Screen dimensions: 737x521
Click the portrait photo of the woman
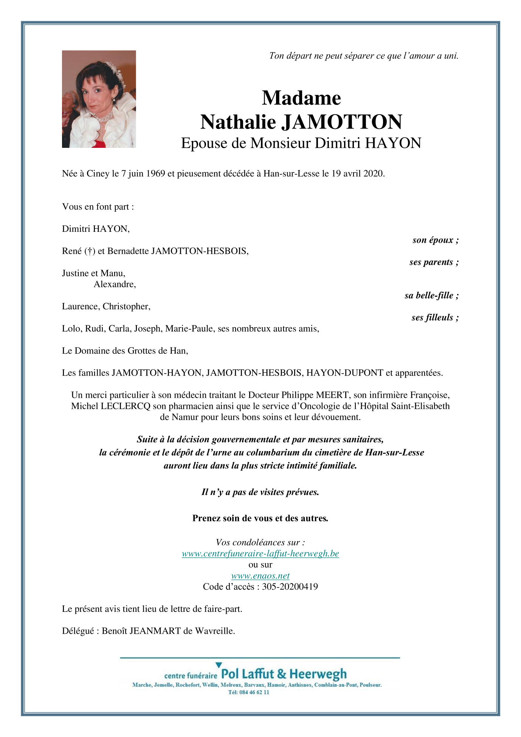[x=99, y=99]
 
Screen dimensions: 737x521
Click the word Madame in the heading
[x=301, y=98]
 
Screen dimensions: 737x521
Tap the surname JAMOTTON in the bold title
[x=342, y=122]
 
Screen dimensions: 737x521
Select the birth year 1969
[x=155, y=174]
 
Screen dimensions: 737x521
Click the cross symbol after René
[x=90, y=251]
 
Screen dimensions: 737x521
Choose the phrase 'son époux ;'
[x=436, y=240]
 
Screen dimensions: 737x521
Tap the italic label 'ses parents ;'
[x=434, y=262]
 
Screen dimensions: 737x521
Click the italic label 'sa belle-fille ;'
[x=431, y=295]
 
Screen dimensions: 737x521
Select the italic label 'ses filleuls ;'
[x=435, y=318]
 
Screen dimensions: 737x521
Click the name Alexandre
[x=115, y=284]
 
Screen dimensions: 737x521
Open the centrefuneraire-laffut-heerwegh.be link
[x=260, y=554]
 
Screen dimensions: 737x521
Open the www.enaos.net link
[x=260, y=576]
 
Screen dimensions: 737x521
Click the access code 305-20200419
[x=290, y=587]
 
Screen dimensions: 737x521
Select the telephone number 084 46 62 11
[x=254, y=692]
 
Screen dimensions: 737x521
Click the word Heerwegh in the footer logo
[x=318, y=674]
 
